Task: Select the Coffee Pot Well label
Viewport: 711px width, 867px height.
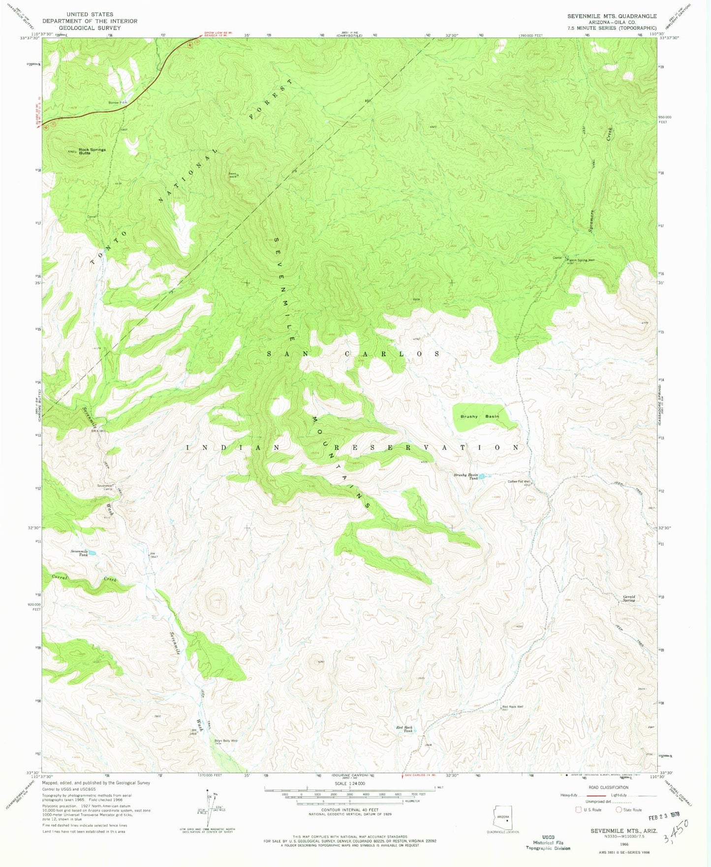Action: click(x=519, y=482)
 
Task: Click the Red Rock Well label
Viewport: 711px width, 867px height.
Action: click(x=512, y=707)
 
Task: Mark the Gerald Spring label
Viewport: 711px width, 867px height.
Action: click(x=629, y=598)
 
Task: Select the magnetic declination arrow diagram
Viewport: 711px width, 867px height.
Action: click(x=209, y=807)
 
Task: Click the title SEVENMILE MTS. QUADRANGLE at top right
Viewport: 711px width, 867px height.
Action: click(x=612, y=16)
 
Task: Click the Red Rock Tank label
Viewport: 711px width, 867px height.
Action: click(x=404, y=729)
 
